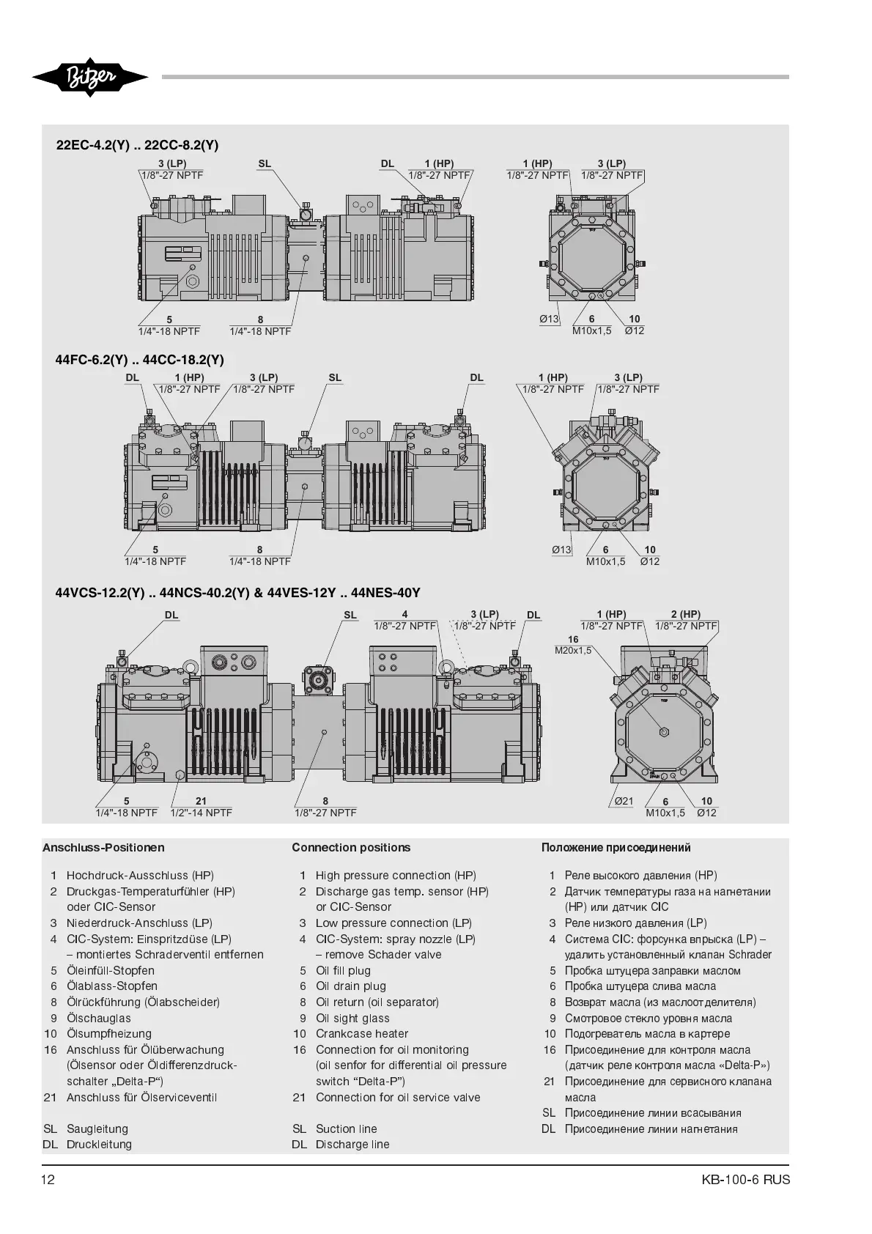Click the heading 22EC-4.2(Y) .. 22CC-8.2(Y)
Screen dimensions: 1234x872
138,145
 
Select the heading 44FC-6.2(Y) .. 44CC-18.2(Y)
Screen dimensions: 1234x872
140,360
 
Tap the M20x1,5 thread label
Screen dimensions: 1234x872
573,650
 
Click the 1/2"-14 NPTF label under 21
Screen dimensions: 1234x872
201,813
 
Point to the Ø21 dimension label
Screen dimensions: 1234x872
624,801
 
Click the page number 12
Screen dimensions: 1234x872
48,1180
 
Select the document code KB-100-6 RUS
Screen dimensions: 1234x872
745,1180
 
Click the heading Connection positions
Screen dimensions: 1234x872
351,848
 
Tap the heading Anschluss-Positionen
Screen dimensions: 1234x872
103,848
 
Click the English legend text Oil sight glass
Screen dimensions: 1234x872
352,1018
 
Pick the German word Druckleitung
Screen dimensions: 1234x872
99,1145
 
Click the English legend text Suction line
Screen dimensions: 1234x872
346,1129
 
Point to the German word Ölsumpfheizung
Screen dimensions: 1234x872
109,1034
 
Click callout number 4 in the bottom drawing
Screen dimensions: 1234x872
404,615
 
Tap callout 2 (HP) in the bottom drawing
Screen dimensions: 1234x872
685,615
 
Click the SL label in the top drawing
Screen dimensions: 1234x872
265,164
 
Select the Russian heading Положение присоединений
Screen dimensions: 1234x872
616,848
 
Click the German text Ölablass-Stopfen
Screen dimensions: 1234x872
112,986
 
